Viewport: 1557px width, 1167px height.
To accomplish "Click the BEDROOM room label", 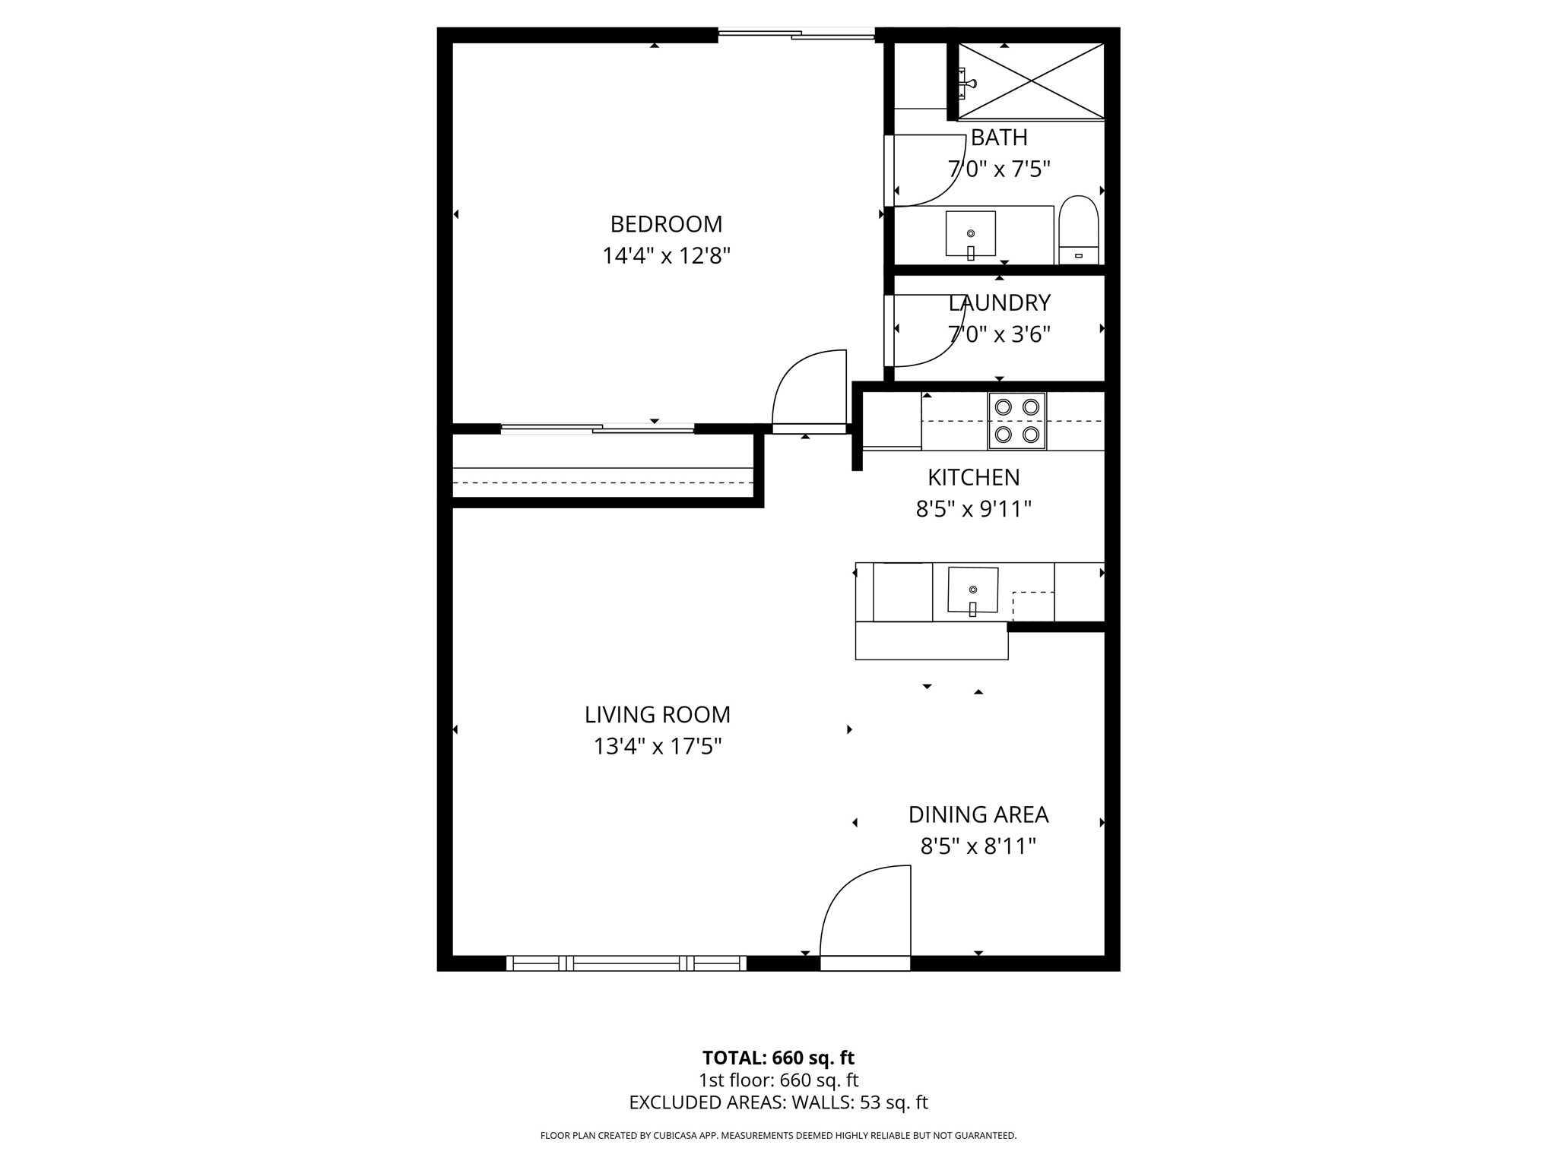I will tap(666, 224).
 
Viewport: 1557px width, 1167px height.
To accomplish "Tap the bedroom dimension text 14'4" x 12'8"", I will tap(666, 256).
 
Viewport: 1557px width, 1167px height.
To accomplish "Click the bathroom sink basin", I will tap(970, 233).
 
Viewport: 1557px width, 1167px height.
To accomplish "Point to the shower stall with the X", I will tap(1030, 81).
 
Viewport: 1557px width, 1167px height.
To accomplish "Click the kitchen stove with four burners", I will tap(1016, 421).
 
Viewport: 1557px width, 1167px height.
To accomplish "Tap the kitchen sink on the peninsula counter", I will tap(972, 590).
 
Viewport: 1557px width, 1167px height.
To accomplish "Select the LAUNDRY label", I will tap(999, 302).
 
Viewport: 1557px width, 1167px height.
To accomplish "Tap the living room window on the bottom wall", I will tap(626, 963).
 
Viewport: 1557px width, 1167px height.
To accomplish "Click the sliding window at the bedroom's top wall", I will tap(796, 34).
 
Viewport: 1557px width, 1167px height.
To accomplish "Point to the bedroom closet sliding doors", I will tap(598, 429).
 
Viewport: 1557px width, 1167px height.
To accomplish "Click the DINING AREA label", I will tap(978, 814).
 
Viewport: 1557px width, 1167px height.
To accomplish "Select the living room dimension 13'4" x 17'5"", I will tap(657, 747).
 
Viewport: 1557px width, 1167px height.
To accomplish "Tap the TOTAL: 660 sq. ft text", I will tap(778, 1058).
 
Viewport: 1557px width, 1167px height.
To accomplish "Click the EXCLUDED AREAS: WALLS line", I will tap(778, 1102).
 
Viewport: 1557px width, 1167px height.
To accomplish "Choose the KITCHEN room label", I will tap(973, 477).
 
